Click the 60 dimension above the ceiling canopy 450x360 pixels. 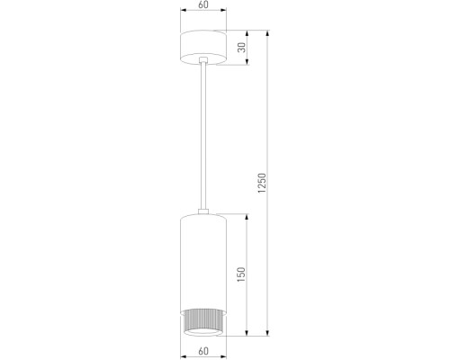pyautogui.click(x=206, y=5)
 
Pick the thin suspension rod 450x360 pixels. pyautogui.click(x=206, y=135)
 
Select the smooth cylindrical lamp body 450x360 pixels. pyautogui.click(x=206, y=261)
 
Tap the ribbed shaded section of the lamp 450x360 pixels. pyautogui.click(x=206, y=320)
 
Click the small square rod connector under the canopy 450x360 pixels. pyautogui.click(x=206, y=62)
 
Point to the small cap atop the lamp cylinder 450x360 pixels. pyautogui.click(x=206, y=212)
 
